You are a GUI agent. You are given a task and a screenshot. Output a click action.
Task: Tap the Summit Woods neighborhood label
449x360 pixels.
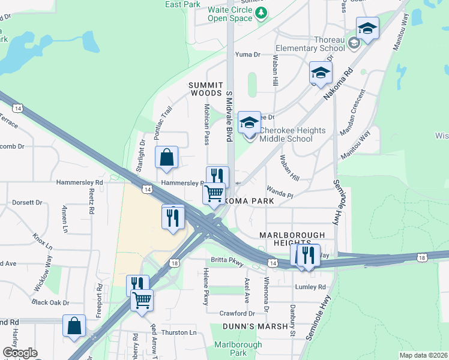[x=206, y=89]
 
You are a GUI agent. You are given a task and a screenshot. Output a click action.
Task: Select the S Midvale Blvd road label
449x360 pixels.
[x=229, y=116]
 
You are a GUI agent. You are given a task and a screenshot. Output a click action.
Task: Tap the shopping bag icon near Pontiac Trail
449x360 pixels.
[x=167, y=157]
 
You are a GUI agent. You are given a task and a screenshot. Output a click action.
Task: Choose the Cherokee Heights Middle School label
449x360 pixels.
[x=292, y=135]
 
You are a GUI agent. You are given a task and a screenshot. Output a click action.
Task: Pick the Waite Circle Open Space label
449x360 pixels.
[x=230, y=14]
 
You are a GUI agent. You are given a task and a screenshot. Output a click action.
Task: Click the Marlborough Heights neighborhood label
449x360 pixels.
[x=292, y=238]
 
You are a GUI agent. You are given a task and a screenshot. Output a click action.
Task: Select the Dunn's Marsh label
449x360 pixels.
[x=249, y=326]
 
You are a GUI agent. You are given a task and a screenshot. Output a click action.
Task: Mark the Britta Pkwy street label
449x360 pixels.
[x=227, y=260]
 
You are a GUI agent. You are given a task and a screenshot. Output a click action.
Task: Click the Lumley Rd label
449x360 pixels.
[x=310, y=287]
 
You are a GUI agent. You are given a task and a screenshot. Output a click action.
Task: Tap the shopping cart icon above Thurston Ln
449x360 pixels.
[x=142, y=299]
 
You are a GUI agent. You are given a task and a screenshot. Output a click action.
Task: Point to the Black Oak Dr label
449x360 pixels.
[x=50, y=302]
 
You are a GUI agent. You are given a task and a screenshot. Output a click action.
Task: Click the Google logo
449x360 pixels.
[x=20, y=353]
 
